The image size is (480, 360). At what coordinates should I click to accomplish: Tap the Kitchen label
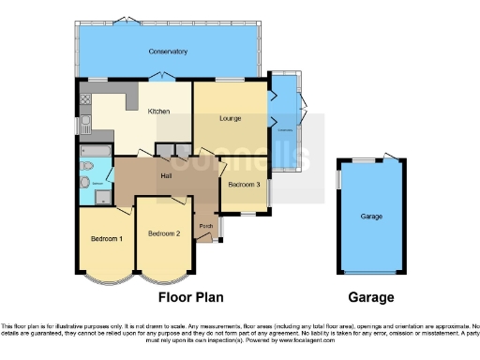tap(158, 112)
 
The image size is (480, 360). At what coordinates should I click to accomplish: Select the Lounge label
tap(232, 118)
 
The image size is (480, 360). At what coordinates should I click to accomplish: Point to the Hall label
tap(166, 175)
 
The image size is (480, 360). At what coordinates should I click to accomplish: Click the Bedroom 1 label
tap(106, 239)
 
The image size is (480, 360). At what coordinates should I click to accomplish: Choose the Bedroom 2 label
tap(163, 232)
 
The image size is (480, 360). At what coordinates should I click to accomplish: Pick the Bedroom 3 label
tap(244, 185)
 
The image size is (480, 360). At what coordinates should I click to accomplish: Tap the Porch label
tap(205, 226)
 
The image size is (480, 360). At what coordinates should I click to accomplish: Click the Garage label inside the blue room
tap(371, 217)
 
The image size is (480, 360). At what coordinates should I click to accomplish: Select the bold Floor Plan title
tap(190, 298)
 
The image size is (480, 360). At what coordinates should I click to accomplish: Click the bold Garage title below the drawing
tap(370, 298)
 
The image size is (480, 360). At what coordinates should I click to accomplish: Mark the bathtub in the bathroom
tap(97, 150)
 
